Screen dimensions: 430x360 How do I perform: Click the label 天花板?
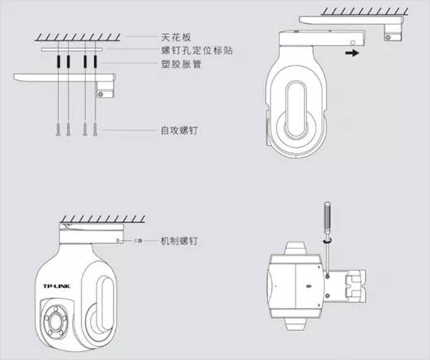click(176, 37)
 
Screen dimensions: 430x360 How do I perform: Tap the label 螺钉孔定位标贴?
click(197, 50)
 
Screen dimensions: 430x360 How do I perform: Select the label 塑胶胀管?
click(181, 64)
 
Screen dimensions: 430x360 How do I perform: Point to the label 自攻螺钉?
click(179, 130)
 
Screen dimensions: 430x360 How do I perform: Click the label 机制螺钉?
click(179, 241)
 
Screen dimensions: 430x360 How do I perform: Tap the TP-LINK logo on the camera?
click(57, 286)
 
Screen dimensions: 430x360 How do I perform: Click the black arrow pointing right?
click(352, 53)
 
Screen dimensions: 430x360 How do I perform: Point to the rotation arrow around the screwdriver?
click(327, 240)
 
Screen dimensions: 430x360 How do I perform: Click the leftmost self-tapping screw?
click(59, 129)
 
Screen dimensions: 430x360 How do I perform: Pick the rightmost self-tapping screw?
click(95, 129)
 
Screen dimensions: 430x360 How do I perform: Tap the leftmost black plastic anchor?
click(59, 62)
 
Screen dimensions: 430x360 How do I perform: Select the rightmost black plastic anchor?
click(95, 62)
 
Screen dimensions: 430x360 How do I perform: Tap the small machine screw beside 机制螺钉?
click(139, 240)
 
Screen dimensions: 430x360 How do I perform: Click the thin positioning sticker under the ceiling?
click(72, 50)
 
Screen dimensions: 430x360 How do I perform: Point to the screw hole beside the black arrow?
click(353, 43)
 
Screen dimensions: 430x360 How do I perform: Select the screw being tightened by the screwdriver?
click(327, 276)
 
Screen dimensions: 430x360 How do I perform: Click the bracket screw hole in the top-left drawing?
click(101, 94)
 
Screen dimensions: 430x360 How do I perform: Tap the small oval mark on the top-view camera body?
click(308, 286)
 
